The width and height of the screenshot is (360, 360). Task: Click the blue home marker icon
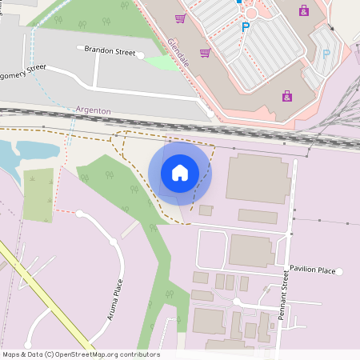click(180, 173)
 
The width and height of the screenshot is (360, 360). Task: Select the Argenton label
click(93, 109)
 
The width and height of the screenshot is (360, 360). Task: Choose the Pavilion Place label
click(312, 270)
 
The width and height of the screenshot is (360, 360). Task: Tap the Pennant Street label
click(283, 296)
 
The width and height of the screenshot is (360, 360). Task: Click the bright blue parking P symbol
click(246, 27)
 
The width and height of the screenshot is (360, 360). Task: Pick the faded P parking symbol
click(326, 54)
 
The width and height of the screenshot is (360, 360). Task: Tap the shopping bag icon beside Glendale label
click(205, 53)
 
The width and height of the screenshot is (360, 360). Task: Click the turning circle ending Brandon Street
click(141, 56)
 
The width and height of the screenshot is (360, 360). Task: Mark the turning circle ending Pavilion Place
click(339, 272)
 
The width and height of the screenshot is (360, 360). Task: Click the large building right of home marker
click(258, 178)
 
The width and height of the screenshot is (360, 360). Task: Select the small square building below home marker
click(206, 210)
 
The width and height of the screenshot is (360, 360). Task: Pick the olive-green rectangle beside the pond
click(38, 194)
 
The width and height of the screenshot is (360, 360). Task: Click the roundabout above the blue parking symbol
click(252, 11)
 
